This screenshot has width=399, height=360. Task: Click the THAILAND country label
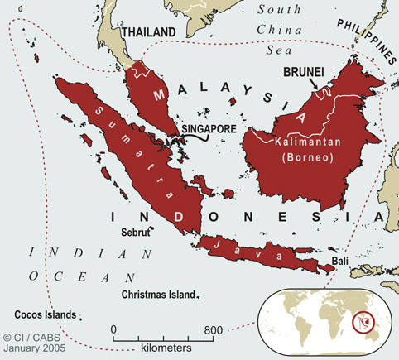click(x=149, y=31)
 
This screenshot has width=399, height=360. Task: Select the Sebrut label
click(x=137, y=233)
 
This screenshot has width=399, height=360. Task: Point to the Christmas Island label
click(x=157, y=295)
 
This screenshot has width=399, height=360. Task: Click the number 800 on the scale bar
click(x=213, y=330)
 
